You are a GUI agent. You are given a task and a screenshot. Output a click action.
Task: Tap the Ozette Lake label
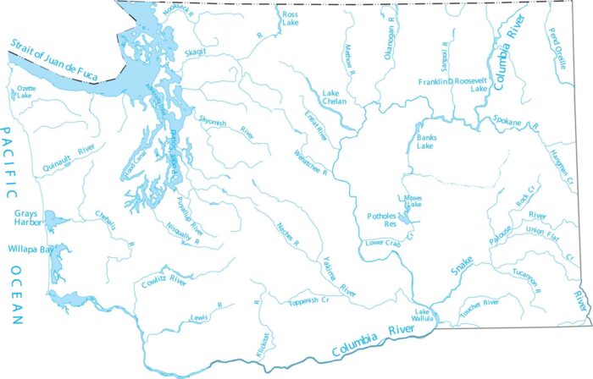23,93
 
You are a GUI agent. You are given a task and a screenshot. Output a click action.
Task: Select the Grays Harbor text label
26,219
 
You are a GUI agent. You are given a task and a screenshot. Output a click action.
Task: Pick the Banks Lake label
427,139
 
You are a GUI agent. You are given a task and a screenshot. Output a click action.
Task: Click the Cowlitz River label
163,280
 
